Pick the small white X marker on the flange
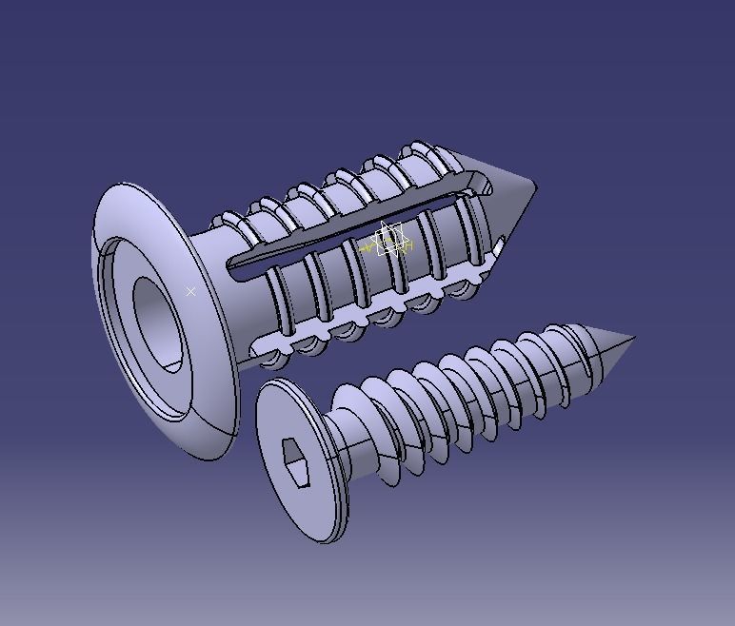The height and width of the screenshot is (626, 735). (190, 291)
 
